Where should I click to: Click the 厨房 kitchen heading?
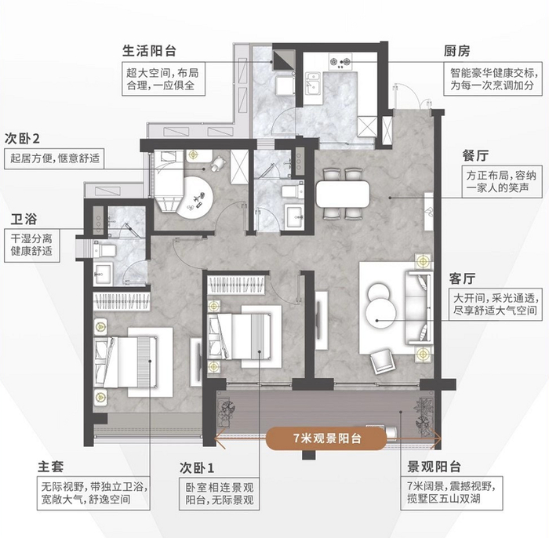(456, 52)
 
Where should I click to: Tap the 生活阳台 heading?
(149, 52)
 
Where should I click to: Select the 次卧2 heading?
(22, 139)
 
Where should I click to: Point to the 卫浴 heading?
(24, 220)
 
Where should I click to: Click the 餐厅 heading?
(475, 156)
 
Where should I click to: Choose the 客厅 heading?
(462, 279)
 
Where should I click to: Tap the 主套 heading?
(51, 467)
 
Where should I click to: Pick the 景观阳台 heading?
(434, 467)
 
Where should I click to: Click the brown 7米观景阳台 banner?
(326, 438)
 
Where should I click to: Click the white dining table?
(343, 194)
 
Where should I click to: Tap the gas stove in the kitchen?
(340, 62)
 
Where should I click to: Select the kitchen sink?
(313, 83)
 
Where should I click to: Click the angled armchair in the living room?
(383, 362)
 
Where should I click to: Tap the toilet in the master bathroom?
(104, 250)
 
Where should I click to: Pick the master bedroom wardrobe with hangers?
(121, 301)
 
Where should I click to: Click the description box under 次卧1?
(220, 493)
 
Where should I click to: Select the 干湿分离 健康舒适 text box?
(32, 245)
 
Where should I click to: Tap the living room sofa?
(418, 307)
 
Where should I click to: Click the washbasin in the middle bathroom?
(294, 216)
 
